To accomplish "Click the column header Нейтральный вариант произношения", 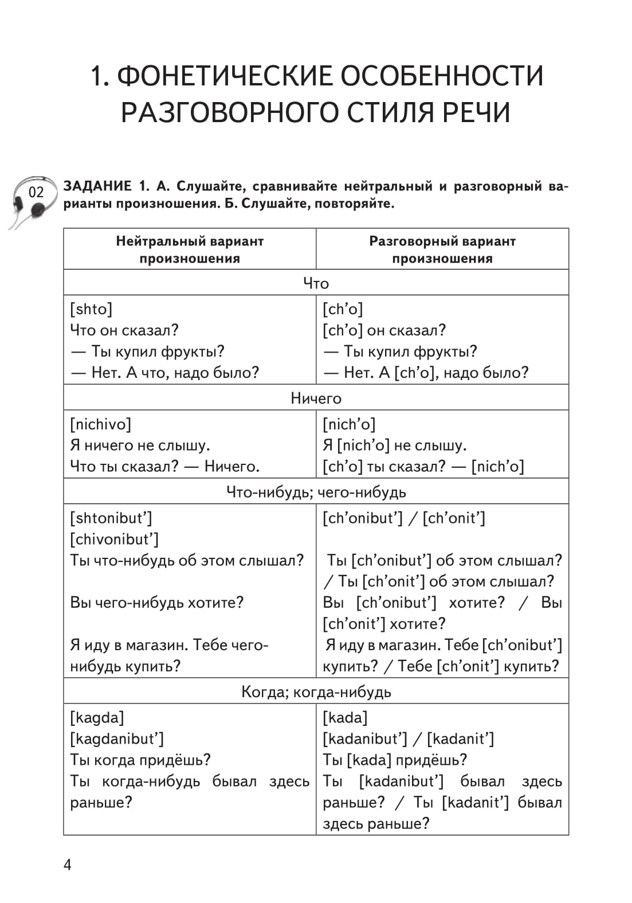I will [190, 249].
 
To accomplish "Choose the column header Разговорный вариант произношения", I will [442, 249].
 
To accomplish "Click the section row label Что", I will [316, 283].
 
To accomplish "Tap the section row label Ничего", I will [316, 398].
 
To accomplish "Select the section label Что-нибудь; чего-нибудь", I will [316, 492].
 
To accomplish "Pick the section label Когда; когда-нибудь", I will [316, 691].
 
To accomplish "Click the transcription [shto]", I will [91, 309].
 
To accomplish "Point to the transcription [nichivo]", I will [100, 424].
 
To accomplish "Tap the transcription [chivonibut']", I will [114, 539].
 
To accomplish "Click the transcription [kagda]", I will [97, 717].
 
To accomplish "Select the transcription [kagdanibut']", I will [117, 738].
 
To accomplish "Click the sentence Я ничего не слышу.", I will [140, 445].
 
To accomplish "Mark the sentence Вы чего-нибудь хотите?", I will [156, 603].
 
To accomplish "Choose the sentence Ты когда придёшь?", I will [140, 760].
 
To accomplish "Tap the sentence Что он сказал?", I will [124, 330].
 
